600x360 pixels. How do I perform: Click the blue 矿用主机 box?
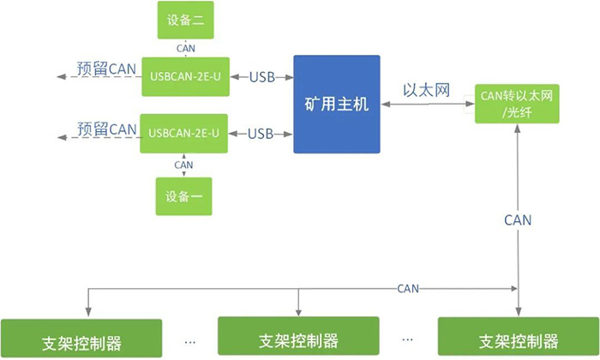(336, 105)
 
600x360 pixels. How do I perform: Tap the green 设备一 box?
(183, 196)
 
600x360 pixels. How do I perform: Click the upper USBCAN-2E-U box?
(184, 77)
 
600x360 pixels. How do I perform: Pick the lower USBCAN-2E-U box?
(184, 133)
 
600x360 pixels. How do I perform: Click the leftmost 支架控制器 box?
(81, 339)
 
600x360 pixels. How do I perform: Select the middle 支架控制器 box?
(297, 338)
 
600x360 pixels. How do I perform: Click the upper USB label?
(261, 77)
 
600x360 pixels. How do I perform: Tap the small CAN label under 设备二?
(183, 49)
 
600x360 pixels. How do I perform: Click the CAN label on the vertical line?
(517, 220)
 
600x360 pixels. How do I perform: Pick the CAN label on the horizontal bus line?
(408, 289)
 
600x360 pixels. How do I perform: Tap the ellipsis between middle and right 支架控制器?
(408, 337)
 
